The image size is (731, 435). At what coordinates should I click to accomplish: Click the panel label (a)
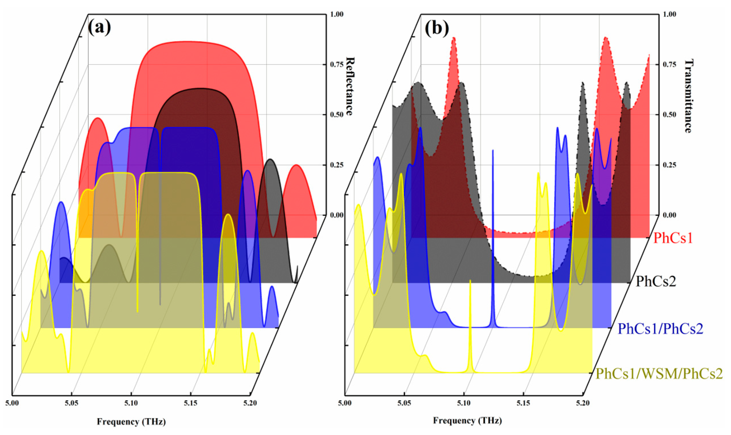tap(99, 27)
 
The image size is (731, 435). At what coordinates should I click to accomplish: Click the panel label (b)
tap(437, 28)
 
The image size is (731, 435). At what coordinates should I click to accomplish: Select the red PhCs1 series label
tap(673, 238)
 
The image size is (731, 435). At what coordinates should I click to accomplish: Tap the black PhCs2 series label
tap(656, 281)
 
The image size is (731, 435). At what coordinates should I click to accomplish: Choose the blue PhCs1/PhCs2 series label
tap(660, 328)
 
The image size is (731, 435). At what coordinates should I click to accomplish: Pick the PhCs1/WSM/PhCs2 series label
tap(659, 374)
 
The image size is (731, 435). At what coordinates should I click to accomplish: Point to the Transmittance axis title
tap(688, 96)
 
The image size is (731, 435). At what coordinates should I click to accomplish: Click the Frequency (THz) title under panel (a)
tap(131, 422)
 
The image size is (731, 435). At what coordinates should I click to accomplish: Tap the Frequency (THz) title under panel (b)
tap(467, 420)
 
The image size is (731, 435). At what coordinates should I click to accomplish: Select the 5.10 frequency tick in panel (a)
tap(131, 403)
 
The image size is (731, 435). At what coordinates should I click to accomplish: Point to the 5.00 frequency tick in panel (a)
tap(12, 403)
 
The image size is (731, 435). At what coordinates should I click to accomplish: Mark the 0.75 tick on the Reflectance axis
tap(337, 65)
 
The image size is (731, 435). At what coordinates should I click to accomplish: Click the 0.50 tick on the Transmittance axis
tap(670, 115)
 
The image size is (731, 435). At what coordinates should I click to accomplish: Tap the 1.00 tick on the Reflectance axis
tap(337, 14)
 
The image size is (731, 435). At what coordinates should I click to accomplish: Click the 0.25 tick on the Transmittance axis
tap(670, 165)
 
